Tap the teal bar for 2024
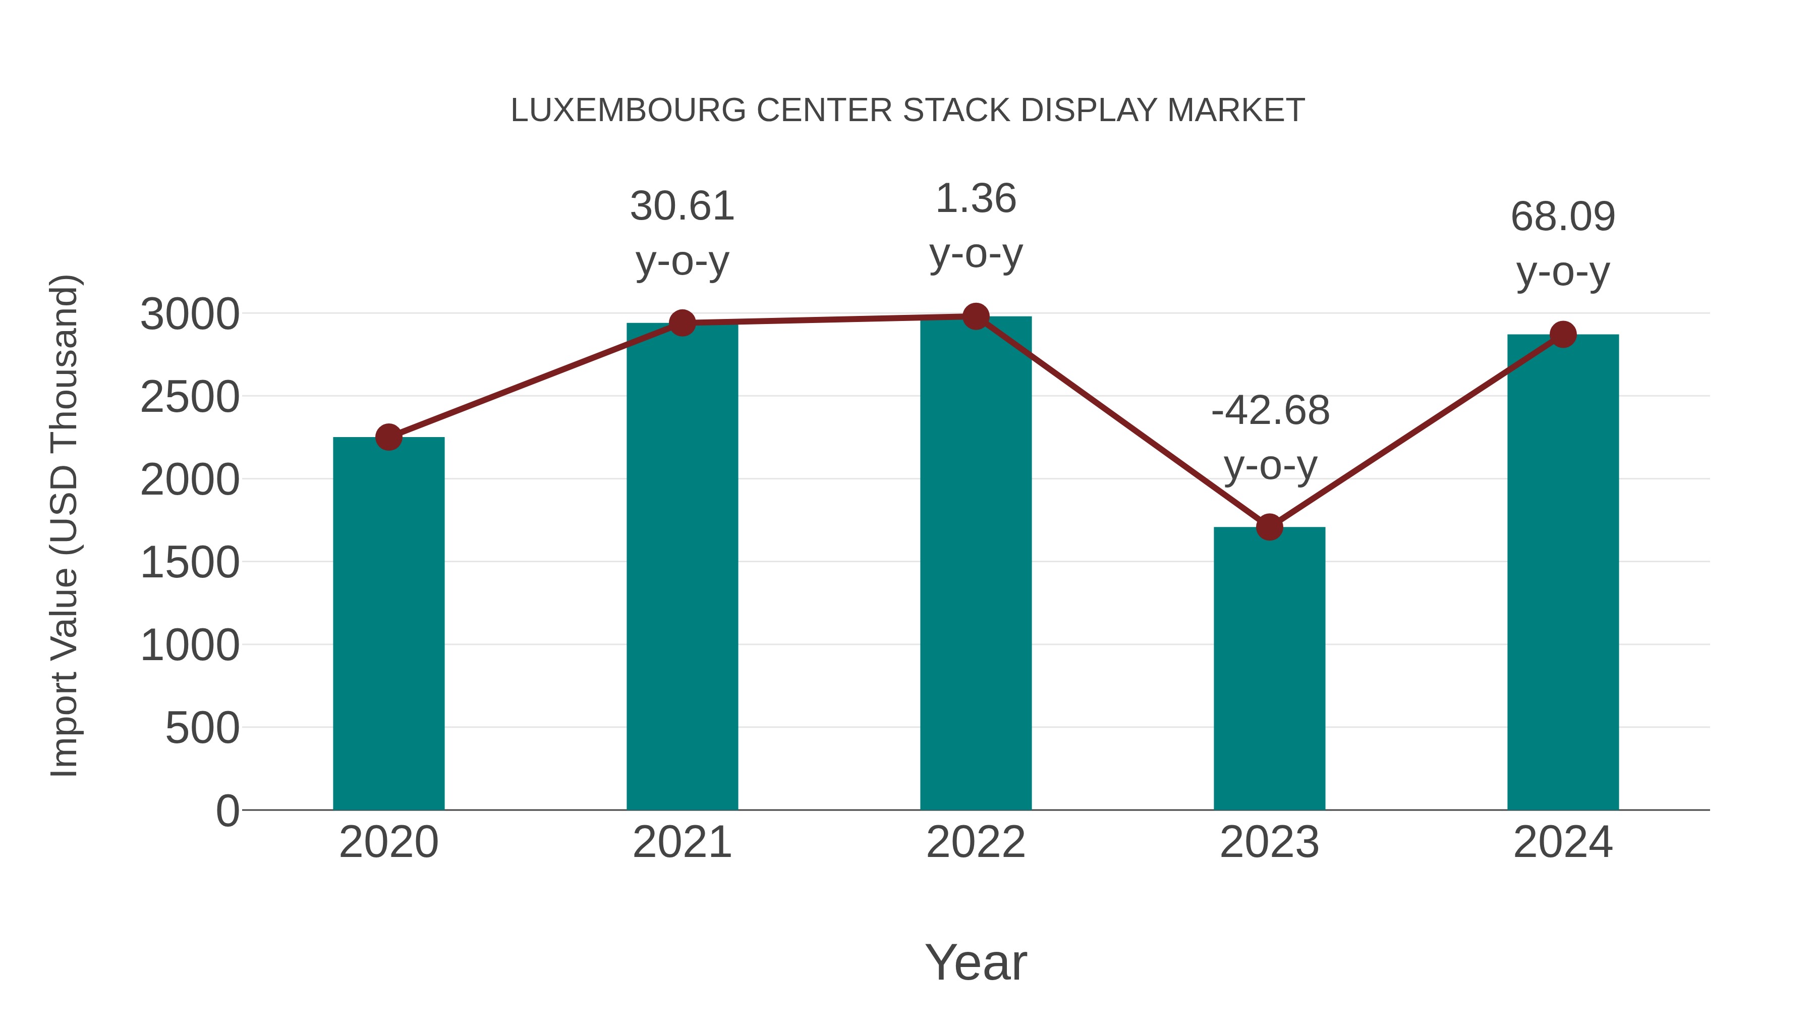pos(1563,572)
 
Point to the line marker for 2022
pos(976,316)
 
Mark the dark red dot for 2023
pos(1269,527)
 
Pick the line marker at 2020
pos(388,437)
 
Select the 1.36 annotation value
pos(976,198)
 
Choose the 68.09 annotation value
pos(1563,217)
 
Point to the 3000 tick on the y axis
pos(190,314)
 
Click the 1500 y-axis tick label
pos(190,563)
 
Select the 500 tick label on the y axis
pos(202,729)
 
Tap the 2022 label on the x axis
pos(976,842)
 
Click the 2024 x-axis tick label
pos(1563,842)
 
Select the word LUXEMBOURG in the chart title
pos(628,111)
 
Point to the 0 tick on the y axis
pos(228,811)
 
